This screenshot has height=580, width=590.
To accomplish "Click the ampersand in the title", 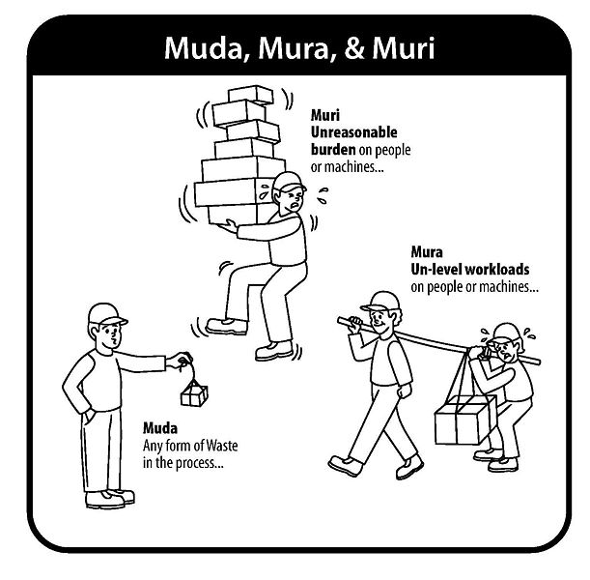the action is tap(354, 48).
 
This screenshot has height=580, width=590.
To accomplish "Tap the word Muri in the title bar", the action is tap(404, 48).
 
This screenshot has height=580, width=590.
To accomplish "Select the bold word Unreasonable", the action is tap(353, 132).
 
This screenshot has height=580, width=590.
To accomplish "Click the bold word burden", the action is tap(333, 150).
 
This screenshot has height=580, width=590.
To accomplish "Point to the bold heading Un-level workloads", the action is tap(470, 270).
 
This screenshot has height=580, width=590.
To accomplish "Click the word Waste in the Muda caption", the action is tap(222, 446).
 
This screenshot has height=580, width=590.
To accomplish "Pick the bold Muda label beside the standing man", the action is tap(160, 428).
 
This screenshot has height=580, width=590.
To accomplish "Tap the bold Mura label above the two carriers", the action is tap(426, 252).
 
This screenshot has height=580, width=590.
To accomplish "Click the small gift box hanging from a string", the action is tap(194, 394).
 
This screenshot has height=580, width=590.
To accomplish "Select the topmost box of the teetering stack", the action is tap(251, 95).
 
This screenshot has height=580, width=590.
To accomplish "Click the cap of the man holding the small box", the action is tap(106, 314).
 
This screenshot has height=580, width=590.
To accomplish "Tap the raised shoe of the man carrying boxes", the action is tap(227, 326).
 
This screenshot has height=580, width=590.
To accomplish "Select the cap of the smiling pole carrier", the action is tap(380, 302).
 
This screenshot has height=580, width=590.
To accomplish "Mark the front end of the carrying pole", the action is tap(340, 320).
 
